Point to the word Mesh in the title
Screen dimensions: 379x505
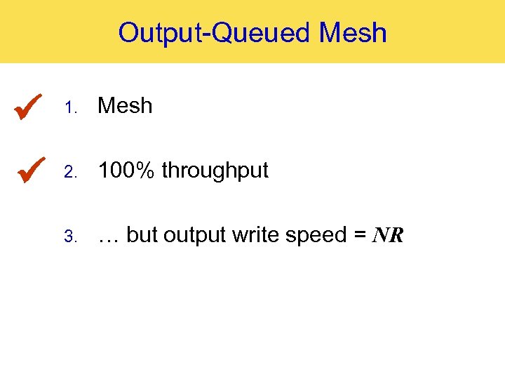coord(353,32)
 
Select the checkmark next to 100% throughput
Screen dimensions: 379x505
coord(29,170)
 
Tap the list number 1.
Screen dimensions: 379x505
coord(69,107)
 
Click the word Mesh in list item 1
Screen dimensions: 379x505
coord(125,105)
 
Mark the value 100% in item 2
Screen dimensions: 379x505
coord(127,171)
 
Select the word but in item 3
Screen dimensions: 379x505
coord(142,235)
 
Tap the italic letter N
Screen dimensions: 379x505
coord(382,236)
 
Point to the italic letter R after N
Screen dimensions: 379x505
coord(396,236)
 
